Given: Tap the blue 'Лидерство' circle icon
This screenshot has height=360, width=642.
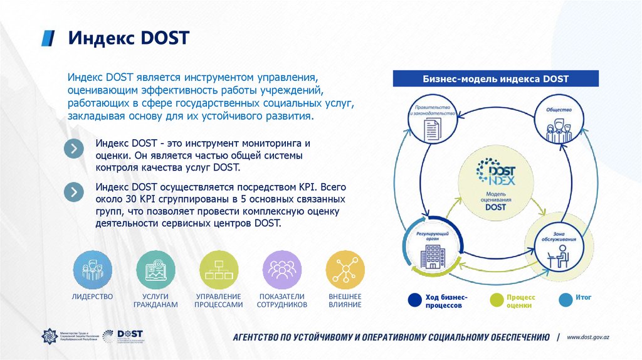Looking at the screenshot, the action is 93,270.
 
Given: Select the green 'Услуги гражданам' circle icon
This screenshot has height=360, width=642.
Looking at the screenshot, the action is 155,270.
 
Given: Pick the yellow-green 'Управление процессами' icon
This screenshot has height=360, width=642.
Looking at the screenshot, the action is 219,270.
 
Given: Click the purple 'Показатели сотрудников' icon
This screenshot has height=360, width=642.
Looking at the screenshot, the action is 282,270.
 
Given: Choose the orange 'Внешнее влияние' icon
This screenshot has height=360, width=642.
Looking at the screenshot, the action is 345,270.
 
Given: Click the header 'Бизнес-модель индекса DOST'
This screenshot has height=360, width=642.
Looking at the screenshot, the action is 495,79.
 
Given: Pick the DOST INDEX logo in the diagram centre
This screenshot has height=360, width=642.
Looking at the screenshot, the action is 495,173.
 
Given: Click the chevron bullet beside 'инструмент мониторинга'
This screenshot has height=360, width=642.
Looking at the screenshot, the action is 74,149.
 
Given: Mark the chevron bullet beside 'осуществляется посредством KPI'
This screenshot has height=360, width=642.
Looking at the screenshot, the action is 74,191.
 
